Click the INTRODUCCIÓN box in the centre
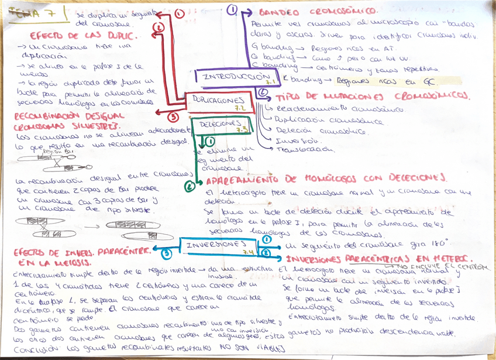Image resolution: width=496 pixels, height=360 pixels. tap(232, 78)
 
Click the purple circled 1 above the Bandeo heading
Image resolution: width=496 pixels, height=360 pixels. tap(232, 9)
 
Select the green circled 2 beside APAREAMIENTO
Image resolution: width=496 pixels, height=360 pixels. tap(190, 187)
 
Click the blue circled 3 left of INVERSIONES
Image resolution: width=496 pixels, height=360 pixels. tap(167, 253)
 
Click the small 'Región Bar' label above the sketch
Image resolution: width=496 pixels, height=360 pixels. tap(53, 151)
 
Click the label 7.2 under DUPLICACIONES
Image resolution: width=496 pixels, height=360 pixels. tap(240, 108)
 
